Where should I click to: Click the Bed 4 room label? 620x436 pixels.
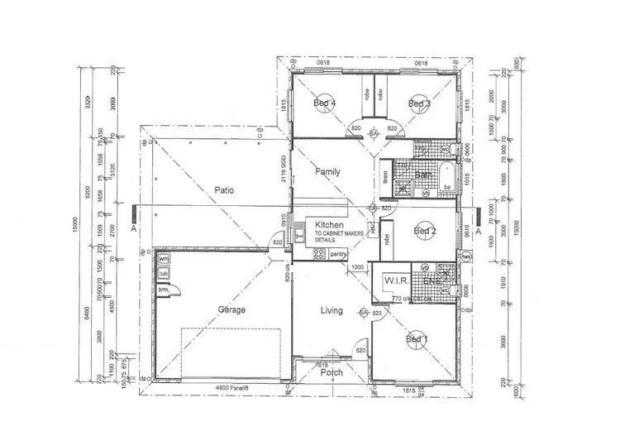tap(324, 103)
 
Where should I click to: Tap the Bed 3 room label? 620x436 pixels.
tap(419, 103)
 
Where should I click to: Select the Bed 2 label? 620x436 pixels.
tap(424, 231)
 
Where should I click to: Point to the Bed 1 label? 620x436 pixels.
tap(417, 339)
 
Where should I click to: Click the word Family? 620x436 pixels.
tap(328, 172)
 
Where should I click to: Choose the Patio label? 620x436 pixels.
tap(224, 190)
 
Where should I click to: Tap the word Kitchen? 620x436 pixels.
tap(328, 225)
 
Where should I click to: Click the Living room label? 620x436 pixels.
tap(331, 311)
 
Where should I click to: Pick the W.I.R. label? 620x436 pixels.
tap(392, 281)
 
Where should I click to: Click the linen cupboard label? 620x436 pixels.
tap(385, 178)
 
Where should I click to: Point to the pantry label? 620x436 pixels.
tap(337, 254)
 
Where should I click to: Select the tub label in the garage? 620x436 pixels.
tap(164, 274)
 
